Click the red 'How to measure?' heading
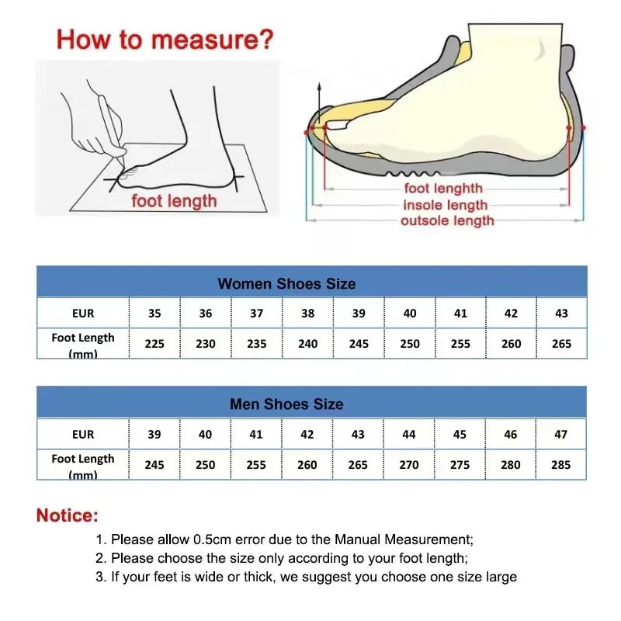(165, 39)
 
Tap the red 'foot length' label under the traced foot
(174, 201)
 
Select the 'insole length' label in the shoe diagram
(445, 205)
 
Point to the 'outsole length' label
(447, 221)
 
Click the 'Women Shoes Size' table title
(286, 283)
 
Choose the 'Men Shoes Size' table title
(286, 404)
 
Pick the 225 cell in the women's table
(154, 343)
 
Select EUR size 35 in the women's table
(154, 314)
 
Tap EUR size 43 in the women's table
(561, 314)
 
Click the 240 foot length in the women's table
(308, 343)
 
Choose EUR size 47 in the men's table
(560, 434)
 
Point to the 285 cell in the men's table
(560, 464)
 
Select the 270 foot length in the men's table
(409, 464)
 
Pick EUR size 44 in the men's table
(409, 434)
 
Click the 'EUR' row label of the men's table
(83, 434)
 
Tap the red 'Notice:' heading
(68, 515)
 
